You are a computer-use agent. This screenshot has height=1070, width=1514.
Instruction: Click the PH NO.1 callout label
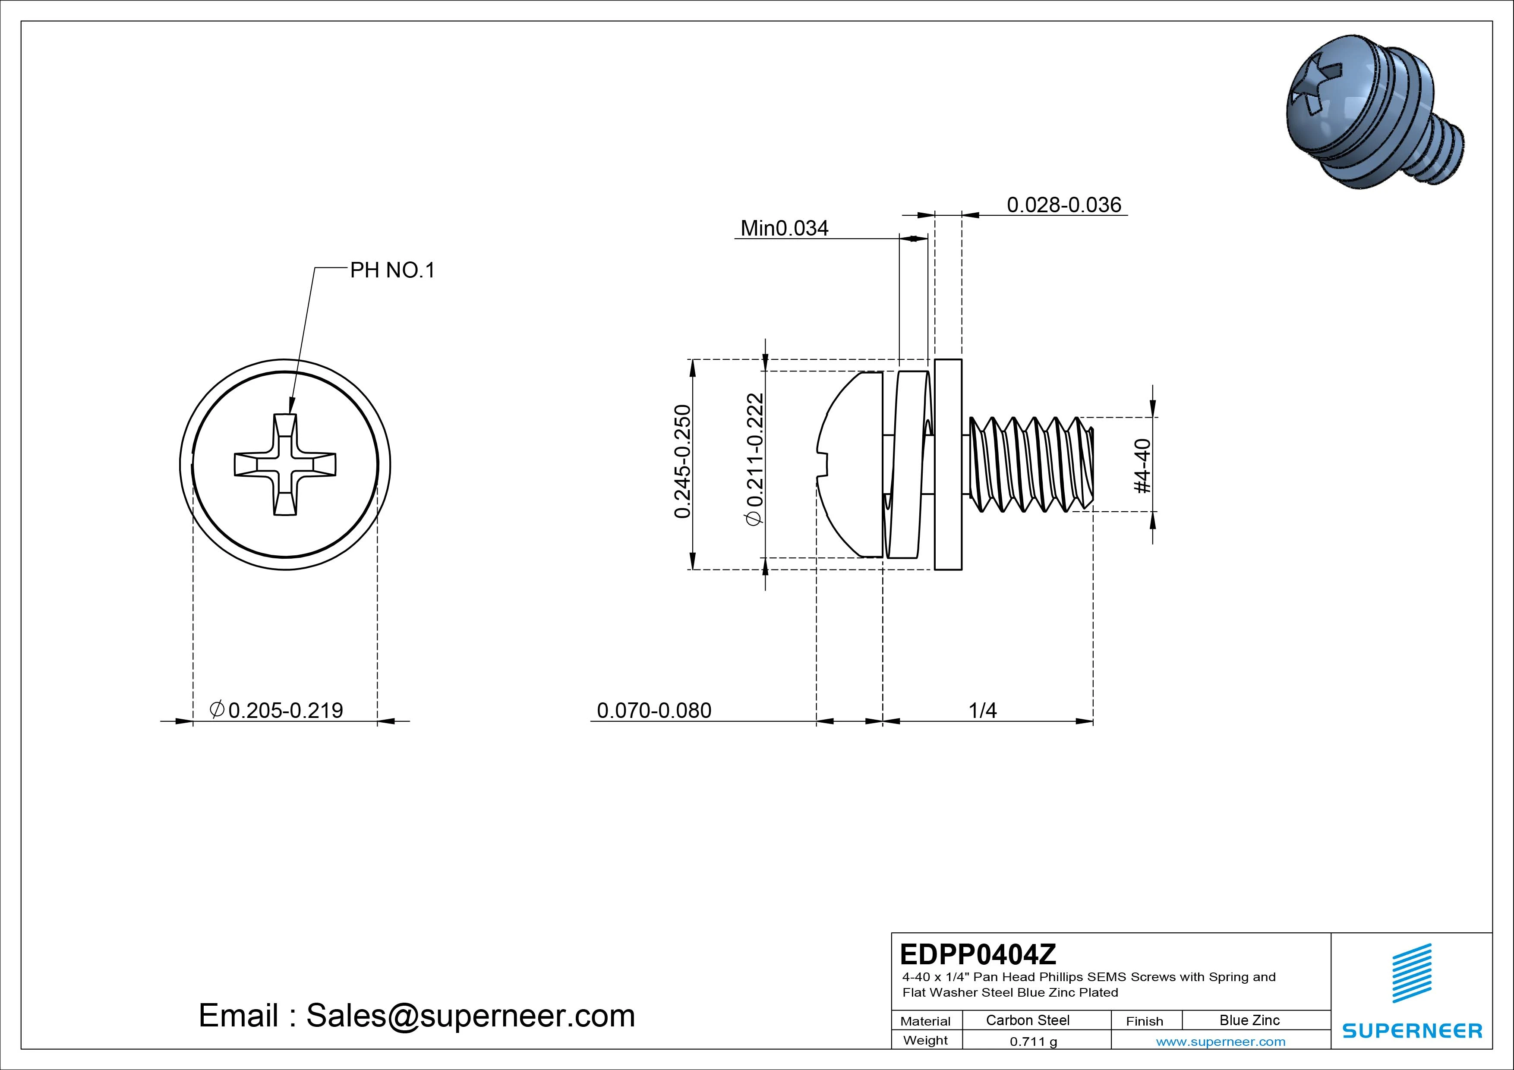392,270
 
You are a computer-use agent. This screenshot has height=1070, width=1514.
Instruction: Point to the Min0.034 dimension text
784,228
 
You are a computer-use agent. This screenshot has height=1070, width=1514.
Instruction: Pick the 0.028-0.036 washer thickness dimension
1063,205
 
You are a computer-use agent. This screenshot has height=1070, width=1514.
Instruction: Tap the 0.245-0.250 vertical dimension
683,462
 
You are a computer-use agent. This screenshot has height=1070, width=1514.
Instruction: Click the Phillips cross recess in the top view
285,464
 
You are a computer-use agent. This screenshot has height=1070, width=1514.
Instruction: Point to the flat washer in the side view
948,464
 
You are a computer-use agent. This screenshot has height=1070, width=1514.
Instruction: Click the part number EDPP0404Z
978,954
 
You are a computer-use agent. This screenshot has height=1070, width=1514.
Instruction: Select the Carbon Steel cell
1027,1020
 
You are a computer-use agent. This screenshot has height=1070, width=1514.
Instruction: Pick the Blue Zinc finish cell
1249,1020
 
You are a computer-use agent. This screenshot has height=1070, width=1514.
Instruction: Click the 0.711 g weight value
1033,1042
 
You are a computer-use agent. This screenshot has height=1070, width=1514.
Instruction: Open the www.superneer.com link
1221,1042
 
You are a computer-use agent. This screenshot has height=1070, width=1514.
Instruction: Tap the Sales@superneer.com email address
470,1016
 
